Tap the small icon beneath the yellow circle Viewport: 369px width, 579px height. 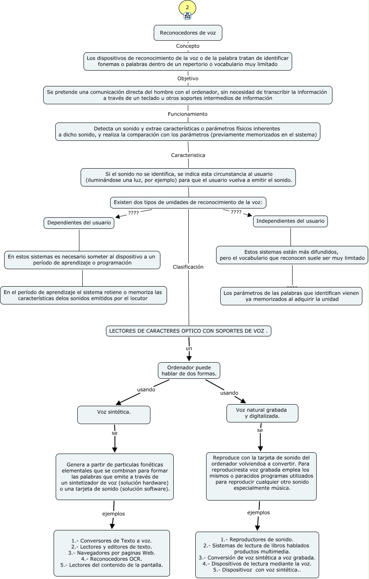[187, 16]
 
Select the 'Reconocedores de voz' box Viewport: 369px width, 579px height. [188, 33]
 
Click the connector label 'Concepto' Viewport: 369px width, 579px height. [188, 46]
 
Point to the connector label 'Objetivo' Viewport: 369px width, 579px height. [188, 79]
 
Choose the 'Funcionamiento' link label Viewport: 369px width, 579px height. [187, 114]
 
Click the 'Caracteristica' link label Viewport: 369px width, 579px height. [188, 155]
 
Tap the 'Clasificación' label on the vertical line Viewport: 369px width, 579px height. [188, 267]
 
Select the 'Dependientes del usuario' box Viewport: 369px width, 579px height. [79, 223]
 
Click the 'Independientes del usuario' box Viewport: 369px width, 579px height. [290, 221]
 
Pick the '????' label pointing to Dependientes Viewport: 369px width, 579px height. [133, 213]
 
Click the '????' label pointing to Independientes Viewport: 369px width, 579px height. [236, 212]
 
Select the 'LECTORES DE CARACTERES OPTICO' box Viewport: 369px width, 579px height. [189, 331]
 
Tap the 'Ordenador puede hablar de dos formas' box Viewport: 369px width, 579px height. [189, 370]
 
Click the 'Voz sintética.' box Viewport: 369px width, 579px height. [114, 415]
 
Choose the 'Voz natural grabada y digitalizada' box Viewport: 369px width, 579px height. [262, 413]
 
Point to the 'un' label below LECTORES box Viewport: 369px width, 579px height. [189, 348]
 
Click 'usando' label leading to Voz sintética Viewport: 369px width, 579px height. [146, 390]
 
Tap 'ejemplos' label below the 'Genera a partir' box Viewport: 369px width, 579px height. [113, 514]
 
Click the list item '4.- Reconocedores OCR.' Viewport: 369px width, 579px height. [111, 559]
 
